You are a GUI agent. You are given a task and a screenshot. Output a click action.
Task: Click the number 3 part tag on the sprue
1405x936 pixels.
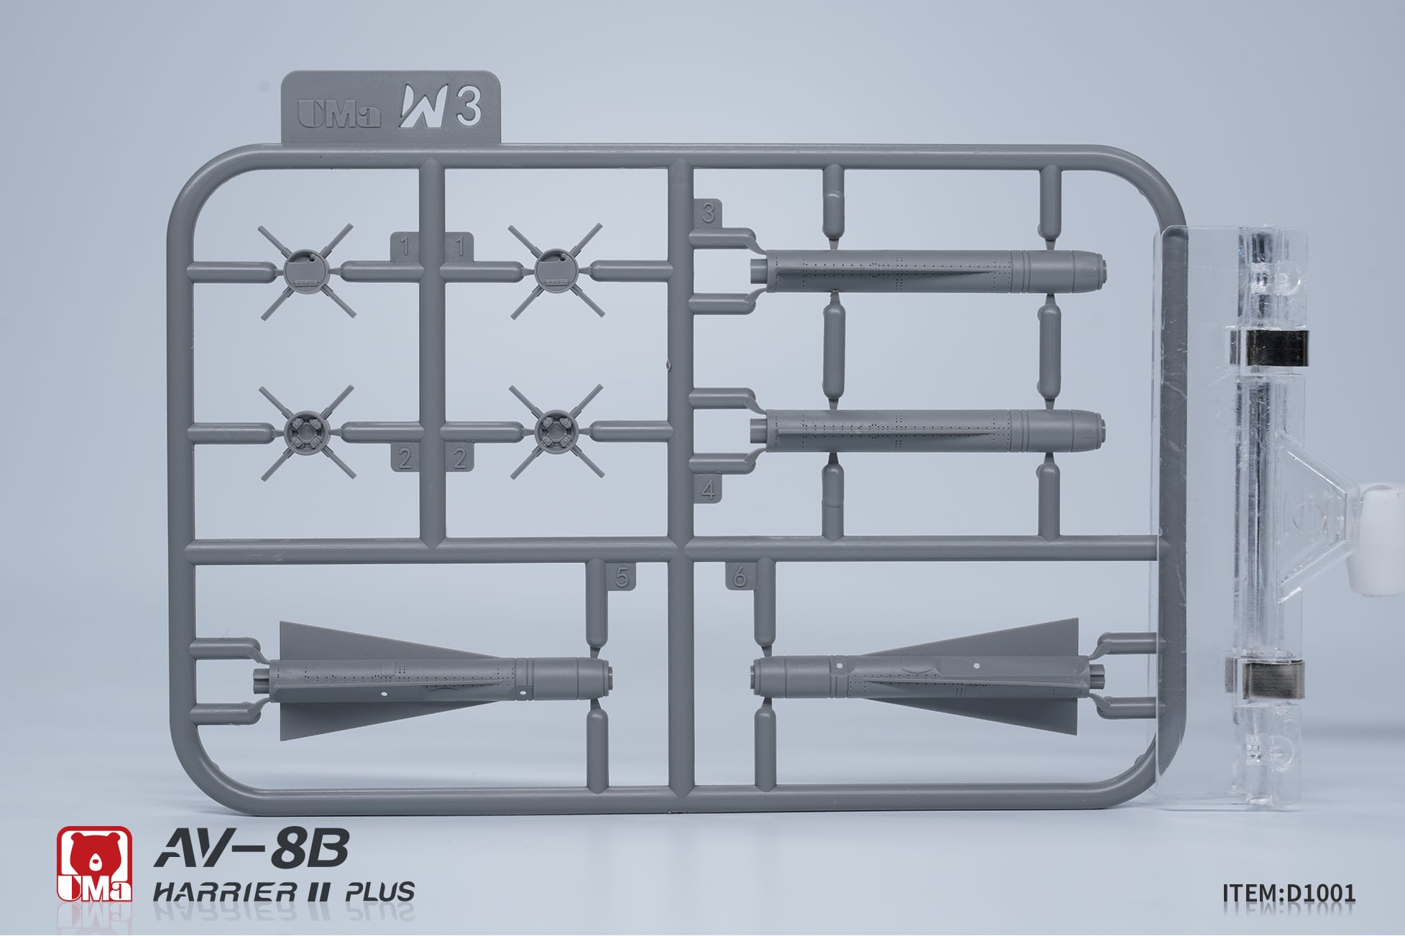coord(709,213)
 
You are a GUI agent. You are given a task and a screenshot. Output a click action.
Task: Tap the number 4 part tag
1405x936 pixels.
coord(709,490)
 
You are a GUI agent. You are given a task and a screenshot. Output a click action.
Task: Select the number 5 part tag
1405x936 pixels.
coord(622,577)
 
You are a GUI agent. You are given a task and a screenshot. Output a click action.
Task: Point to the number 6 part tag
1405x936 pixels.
coord(740,577)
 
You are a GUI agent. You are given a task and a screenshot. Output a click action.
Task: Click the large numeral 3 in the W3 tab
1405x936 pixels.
coord(468,106)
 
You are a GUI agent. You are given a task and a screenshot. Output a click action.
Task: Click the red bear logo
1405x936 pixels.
coord(95,863)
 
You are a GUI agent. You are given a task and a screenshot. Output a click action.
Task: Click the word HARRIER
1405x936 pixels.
coord(224,892)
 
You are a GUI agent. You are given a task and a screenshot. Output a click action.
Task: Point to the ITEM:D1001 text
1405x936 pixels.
coord(1289,893)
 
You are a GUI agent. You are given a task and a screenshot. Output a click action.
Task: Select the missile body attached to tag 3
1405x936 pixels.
coord(927,272)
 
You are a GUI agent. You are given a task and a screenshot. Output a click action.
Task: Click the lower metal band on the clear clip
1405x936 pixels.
coord(1266,678)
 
